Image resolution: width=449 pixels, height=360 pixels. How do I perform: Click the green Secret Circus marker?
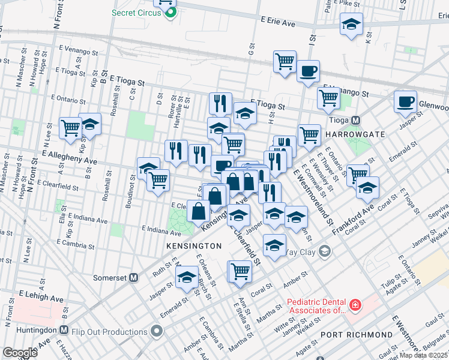click(171, 12)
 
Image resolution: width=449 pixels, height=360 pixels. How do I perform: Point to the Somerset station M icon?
click(134, 278)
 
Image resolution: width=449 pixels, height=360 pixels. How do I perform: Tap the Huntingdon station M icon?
click(64, 330)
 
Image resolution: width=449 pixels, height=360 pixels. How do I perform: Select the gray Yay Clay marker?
click(325, 250)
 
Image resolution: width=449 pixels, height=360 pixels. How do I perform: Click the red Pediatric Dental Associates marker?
click(355, 306)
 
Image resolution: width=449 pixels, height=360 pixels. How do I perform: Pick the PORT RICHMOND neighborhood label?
click(355, 334)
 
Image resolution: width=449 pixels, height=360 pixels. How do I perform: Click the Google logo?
click(20, 353)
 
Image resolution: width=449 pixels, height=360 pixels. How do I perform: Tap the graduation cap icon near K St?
click(351, 24)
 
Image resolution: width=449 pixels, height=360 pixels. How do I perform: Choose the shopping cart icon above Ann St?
click(240, 271)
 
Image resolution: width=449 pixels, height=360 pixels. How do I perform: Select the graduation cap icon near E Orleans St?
click(187, 277)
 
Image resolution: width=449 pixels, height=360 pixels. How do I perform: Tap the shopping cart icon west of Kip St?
click(71, 127)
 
